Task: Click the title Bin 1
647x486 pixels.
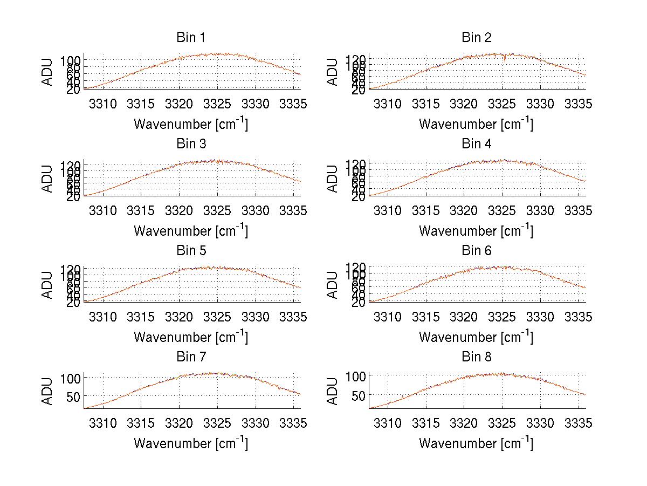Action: pos(190,38)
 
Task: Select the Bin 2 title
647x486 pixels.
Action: pos(477,38)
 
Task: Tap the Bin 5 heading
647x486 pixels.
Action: pos(190,251)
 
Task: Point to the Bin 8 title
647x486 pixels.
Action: pos(477,357)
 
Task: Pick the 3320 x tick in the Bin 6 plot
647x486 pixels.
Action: pos(464,317)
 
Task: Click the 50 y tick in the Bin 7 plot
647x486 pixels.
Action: pos(73,396)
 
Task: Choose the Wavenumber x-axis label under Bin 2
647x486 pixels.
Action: pos(476,124)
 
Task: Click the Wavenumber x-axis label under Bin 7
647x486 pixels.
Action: pos(191,443)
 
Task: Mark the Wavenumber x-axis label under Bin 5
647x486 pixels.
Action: pos(191,337)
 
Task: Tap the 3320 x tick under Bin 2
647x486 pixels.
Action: pos(464,104)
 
